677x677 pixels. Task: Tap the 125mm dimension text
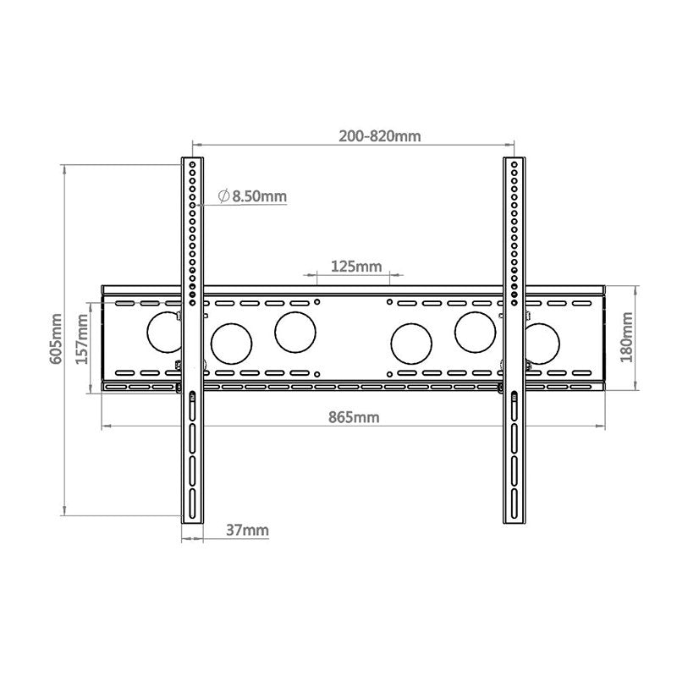click(355, 267)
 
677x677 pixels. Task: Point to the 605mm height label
click(57, 338)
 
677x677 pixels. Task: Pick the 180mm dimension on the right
click(627, 337)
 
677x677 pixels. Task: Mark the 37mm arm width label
click(247, 531)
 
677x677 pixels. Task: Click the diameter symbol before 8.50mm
click(223, 196)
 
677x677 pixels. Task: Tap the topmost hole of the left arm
click(193, 163)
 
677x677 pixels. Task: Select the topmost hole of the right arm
click(512, 163)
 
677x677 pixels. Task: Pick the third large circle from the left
click(294, 333)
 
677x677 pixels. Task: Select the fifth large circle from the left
click(476, 333)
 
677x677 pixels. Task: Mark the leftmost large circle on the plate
click(164, 333)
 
